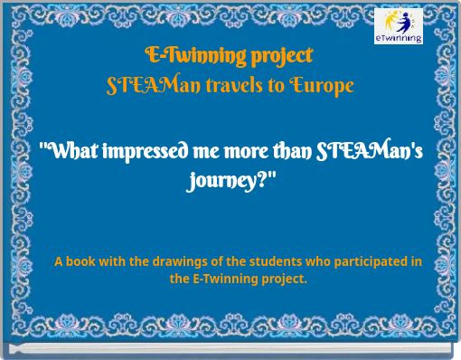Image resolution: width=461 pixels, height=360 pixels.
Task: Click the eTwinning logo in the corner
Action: click(399, 26)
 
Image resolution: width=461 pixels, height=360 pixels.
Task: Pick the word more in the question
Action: click(237, 151)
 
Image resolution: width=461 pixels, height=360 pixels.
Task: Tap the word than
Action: click(287, 151)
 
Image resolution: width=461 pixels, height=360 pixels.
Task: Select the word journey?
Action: click(230, 180)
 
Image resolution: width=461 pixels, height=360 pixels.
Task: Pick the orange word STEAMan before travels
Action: click(146, 86)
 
